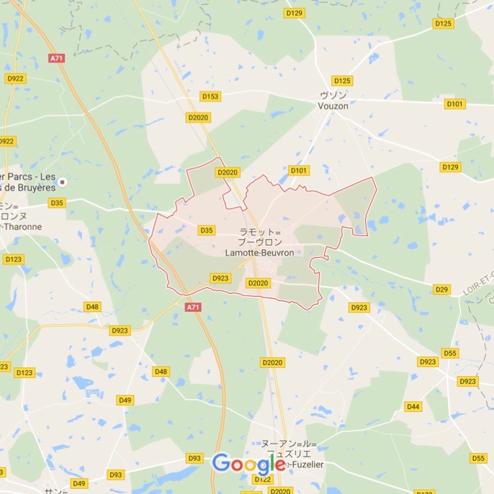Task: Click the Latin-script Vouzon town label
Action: pos(333,105)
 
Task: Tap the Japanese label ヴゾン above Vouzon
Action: pos(333,95)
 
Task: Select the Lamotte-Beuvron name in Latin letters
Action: pos(259,253)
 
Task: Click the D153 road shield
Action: pos(210,96)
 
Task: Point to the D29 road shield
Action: pos(441,289)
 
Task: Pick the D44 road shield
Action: pos(413,406)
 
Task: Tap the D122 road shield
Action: pos(262,480)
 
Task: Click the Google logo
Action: pos(248,464)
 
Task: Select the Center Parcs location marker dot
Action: pos(63,182)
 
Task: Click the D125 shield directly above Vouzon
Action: pos(342,81)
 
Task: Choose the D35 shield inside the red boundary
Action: pos(207,230)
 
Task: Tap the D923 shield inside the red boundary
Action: pos(220,278)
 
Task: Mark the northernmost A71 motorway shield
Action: pos(57,58)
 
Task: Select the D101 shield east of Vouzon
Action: pos(454,104)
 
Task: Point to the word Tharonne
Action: pos(23,226)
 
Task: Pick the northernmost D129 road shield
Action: pos(294,13)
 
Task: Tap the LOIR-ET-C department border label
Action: pos(478,278)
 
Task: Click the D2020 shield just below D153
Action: pos(197,117)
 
